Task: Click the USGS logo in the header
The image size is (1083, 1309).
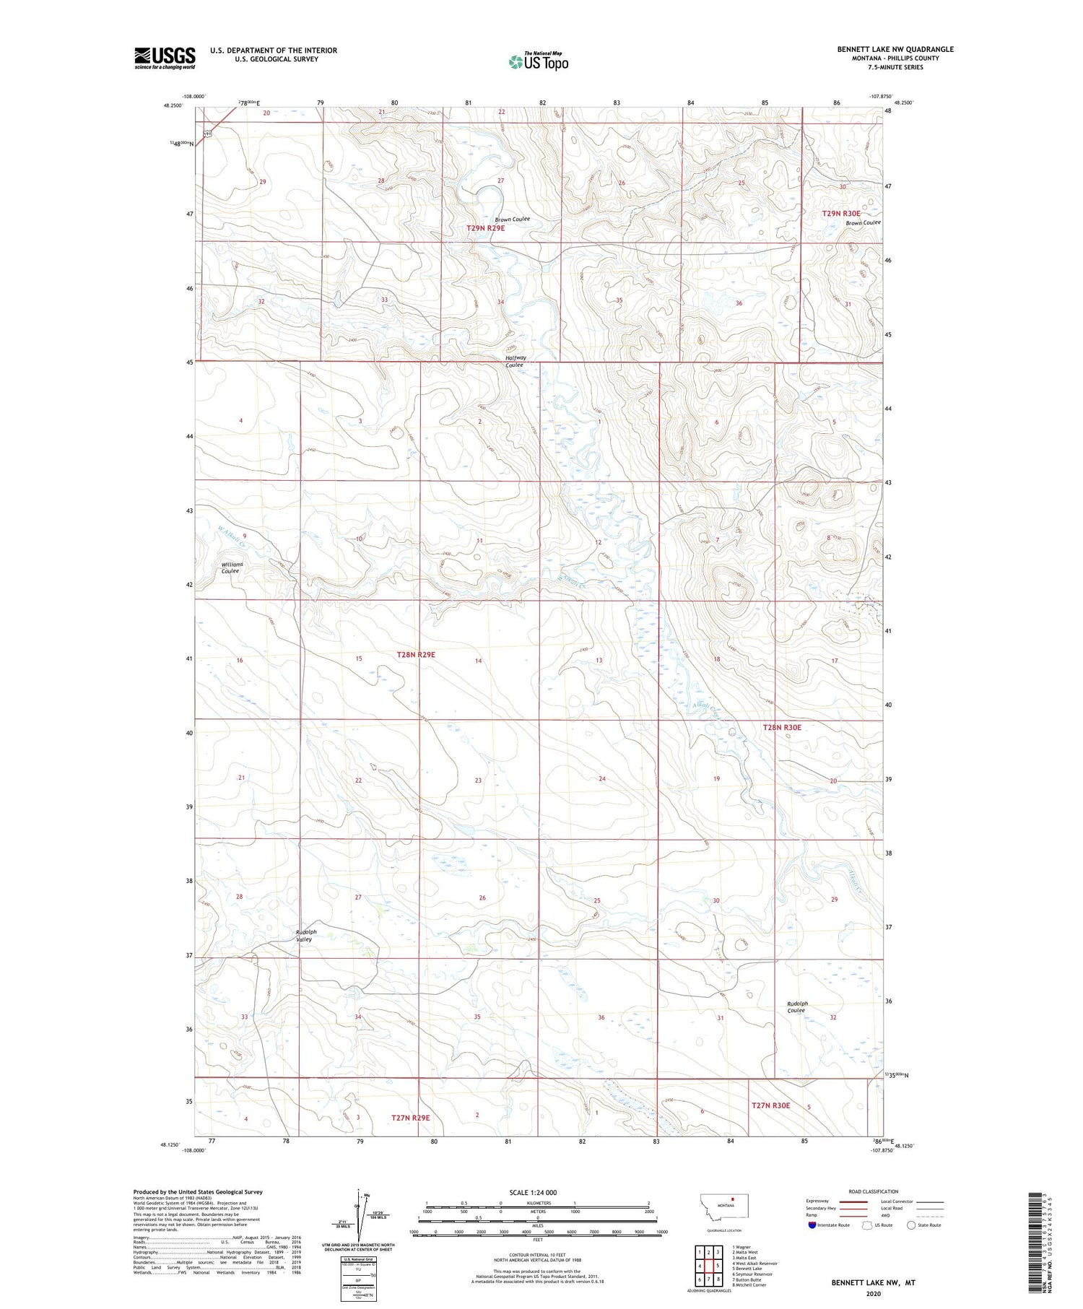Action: point(165,58)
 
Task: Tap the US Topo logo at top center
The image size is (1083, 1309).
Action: point(539,62)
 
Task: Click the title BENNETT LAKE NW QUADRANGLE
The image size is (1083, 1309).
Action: point(895,49)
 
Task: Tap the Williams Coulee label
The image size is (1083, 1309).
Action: point(232,567)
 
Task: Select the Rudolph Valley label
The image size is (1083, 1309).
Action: point(306,936)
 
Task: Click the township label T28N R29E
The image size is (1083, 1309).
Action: point(416,655)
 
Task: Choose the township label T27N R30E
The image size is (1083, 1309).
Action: point(770,1105)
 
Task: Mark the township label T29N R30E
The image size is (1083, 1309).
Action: point(841,214)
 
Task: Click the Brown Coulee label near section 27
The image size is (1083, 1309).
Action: point(512,219)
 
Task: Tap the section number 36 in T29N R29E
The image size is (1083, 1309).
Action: point(739,303)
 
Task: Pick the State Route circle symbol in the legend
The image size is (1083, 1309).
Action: point(911,1225)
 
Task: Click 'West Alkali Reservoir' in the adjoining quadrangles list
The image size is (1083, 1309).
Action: point(754,1264)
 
